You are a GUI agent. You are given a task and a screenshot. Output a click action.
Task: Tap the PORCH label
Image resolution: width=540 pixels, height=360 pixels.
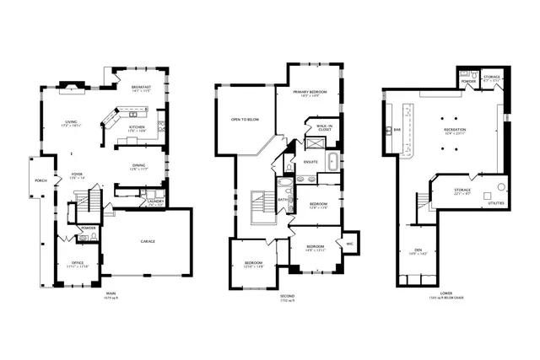pos(40,180)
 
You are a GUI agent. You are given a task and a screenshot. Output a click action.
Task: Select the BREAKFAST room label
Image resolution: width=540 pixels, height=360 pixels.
pos(141,87)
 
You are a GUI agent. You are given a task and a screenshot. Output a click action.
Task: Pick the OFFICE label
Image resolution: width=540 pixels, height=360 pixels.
pos(78,264)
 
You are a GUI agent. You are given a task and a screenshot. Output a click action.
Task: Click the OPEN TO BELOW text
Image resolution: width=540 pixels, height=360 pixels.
pos(245,120)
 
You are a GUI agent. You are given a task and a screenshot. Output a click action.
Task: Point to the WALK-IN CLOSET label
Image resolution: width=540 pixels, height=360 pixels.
pos(323,127)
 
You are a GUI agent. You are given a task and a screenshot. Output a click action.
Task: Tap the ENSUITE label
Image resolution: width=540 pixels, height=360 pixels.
pos(310,161)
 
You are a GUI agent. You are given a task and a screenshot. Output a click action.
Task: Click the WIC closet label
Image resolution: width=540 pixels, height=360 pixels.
pos(348,244)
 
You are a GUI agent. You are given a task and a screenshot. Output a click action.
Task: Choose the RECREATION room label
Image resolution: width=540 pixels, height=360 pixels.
pos(456,130)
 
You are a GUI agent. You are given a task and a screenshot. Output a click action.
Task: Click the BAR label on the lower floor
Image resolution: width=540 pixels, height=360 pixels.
pos(397,129)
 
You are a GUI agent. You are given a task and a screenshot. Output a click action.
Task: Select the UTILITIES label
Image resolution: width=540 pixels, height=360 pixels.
pos(498,203)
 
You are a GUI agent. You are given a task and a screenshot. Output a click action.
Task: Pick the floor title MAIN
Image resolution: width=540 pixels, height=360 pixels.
pos(110,294)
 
